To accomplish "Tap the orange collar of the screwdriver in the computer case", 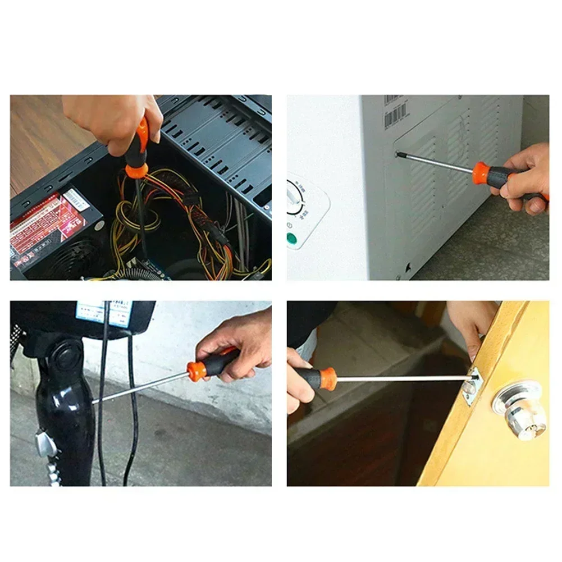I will [x=136, y=168].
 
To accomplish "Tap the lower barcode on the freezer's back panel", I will [x=396, y=115].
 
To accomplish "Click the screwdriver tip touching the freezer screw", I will [x=400, y=155].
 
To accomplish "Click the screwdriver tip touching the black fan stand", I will [x=95, y=400].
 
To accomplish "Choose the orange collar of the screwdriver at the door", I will [x=327, y=378].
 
